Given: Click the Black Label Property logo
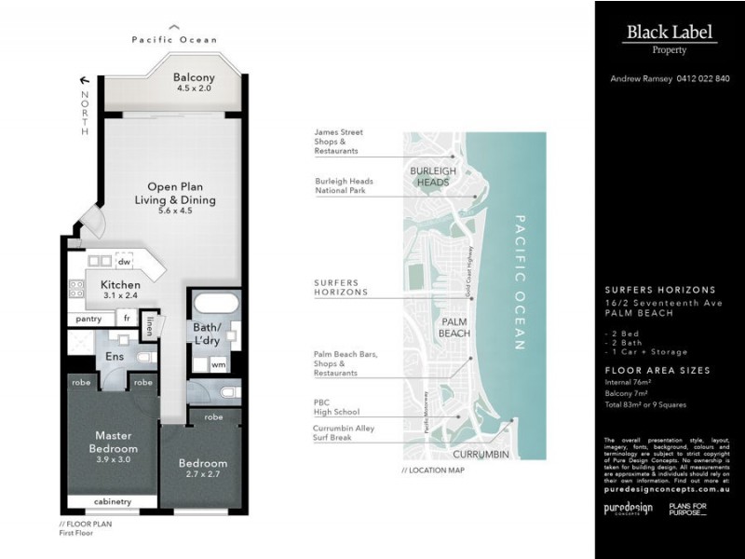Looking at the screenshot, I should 670,38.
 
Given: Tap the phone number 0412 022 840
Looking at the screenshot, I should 698,79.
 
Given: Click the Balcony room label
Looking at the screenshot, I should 195,83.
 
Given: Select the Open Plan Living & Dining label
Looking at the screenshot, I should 175,198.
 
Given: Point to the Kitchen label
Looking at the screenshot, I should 121,290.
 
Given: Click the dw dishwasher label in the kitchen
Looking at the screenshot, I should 123,262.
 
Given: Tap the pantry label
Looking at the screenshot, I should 88,319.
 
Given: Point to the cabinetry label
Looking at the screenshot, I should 113,502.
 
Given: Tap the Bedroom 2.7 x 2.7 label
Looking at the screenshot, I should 202,469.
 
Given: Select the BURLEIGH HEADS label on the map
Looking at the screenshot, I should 434,177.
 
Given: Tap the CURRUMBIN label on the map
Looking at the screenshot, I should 480,454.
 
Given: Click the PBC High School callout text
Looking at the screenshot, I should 336,406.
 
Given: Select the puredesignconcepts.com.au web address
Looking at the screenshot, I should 666,486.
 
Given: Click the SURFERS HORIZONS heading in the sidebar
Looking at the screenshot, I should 659,290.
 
